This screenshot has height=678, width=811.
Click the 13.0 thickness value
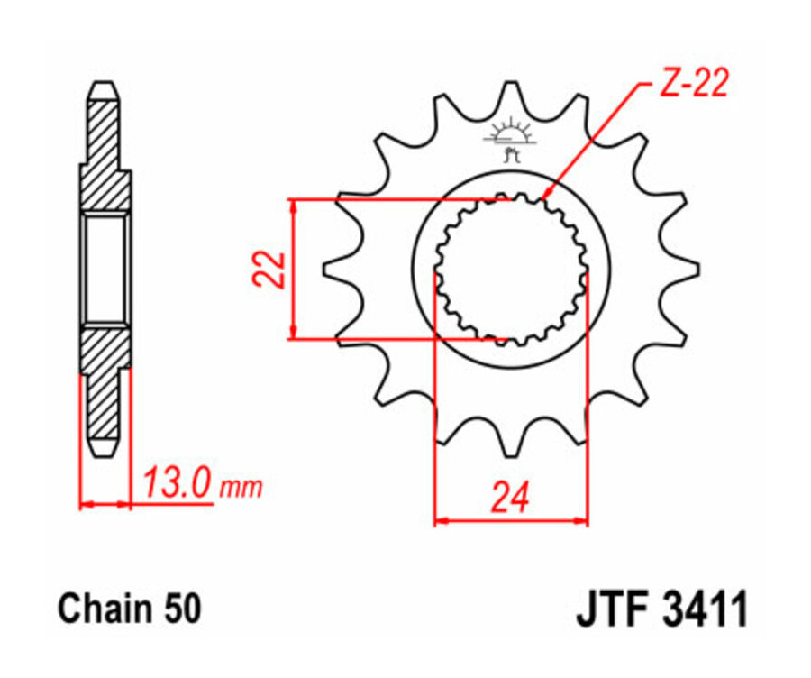(177, 485)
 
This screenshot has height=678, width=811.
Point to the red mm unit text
(241, 489)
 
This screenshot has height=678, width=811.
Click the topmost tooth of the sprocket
(511, 90)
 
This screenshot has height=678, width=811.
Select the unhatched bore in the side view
(105, 268)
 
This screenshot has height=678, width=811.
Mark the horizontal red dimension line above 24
(511, 520)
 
